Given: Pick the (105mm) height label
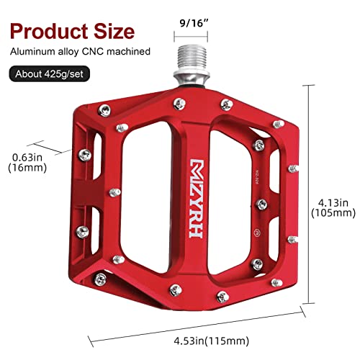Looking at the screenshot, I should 333,213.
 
